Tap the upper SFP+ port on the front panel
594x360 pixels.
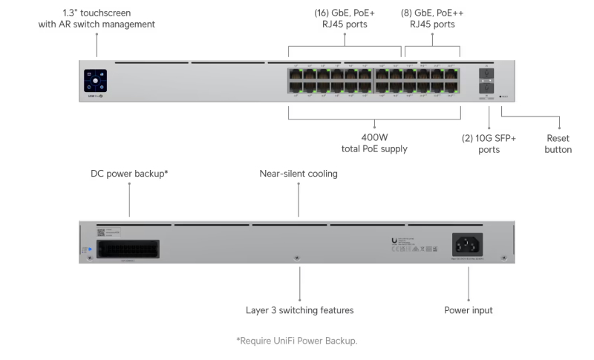487,74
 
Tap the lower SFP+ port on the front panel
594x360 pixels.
487,88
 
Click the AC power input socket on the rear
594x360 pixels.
469,245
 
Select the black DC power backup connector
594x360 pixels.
129,247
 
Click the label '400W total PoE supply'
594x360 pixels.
374,143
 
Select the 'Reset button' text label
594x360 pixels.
558,143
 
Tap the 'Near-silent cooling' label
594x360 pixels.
298,174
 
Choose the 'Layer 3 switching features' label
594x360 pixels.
300,310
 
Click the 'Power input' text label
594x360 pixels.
468,310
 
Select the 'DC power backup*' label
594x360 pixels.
129,174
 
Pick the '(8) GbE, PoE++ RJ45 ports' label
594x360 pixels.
435,19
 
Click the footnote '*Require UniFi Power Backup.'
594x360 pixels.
297,341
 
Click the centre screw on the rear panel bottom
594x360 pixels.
298,258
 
